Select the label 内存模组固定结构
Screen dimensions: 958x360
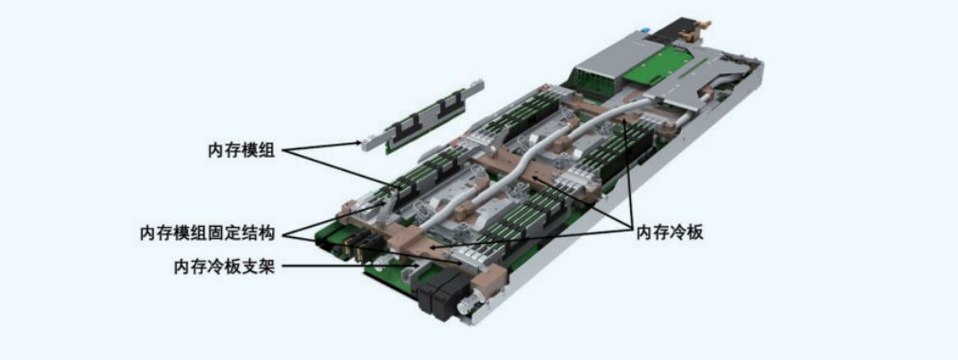pos(208,233)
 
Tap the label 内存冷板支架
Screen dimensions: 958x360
pos(224,267)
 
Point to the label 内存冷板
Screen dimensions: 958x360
pos(670,232)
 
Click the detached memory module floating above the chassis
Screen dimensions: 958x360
pos(420,115)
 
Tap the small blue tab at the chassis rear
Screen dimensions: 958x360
pos(643,28)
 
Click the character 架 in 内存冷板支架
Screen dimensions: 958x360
pos(266,267)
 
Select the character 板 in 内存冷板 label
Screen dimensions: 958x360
pos(694,232)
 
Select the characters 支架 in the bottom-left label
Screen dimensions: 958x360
pos(259,267)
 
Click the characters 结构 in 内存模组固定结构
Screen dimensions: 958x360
pos(259,233)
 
